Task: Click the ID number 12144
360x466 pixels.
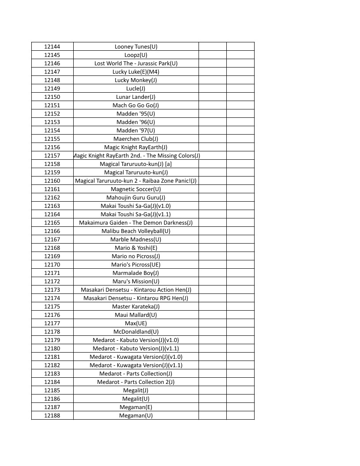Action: (x=52, y=46)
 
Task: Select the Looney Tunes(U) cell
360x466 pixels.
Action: (x=136, y=46)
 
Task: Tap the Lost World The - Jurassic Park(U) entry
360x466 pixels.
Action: (x=136, y=63)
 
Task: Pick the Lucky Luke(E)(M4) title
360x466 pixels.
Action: (x=136, y=71)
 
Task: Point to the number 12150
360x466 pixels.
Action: (x=52, y=97)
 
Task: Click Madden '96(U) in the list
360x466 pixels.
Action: (x=136, y=122)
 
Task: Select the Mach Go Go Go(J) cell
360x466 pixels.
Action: (x=136, y=105)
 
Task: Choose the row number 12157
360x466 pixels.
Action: (x=52, y=155)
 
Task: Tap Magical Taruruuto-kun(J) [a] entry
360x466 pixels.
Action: (x=136, y=164)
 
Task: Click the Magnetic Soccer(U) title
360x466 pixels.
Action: (x=136, y=189)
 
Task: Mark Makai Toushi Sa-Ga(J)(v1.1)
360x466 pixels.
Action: (x=136, y=214)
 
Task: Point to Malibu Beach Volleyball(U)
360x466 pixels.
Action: (x=136, y=231)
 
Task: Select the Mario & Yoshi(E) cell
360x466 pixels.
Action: (x=136, y=248)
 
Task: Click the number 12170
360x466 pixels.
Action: (x=52, y=264)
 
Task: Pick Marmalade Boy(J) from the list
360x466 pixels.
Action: (x=136, y=273)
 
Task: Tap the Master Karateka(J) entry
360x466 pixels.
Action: (x=136, y=306)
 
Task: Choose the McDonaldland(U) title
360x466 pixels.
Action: (x=136, y=331)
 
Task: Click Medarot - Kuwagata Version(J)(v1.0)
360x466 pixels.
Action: (x=136, y=357)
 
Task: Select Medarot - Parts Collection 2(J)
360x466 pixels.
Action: (x=136, y=382)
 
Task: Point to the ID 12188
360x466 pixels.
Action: (x=52, y=415)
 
